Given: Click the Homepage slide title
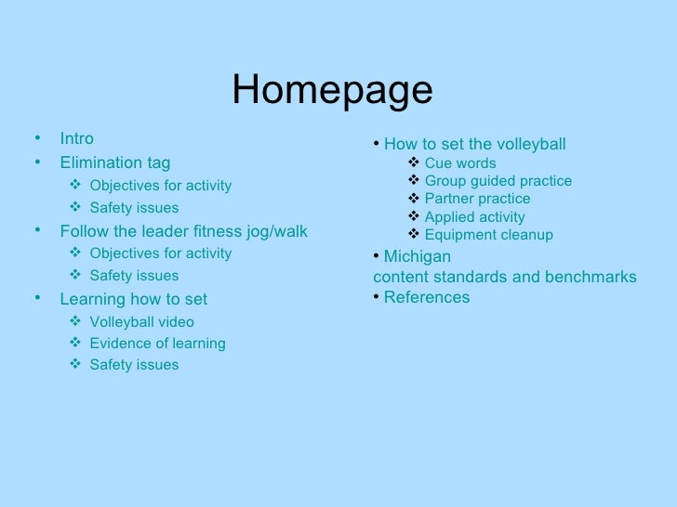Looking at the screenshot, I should pyautogui.click(x=332, y=90).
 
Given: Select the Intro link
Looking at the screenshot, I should pyautogui.click(x=76, y=138).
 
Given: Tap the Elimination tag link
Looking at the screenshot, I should pyautogui.click(x=114, y=162).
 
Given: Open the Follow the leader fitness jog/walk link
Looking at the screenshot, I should pyautogui.click(x=183, y=230).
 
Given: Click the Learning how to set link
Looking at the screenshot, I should pyautogui.click(x=133, y=299).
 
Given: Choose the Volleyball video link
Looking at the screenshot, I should pyautogui.click(x=141, y=322).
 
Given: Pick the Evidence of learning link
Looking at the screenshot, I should pyautogui.click(x=157, y=344).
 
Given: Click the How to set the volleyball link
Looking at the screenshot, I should pyautogui.click(x=474, y=144).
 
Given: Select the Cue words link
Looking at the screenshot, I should pyautogui.click(x=460, y=163).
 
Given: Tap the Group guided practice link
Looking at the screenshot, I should pyautogui.click(x=498, y=181).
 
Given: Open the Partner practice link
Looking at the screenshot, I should pyautogui.click(x=477, y=199).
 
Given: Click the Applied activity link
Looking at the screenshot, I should pyautogui.click(x=474, y=217).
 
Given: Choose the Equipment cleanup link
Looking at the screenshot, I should pyautogui.click(x=488, y=235).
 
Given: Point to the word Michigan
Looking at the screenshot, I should pyautogui.click(x=417, y=256).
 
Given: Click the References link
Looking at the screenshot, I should pyautogui.click(x=426, y=297).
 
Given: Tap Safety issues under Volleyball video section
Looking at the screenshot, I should pyautogui.click(x=134, y=365).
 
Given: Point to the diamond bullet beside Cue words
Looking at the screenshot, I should pyautogui.click(x=414, y=163).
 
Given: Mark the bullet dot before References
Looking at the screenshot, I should pyautogui.click(x=376, y=297).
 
